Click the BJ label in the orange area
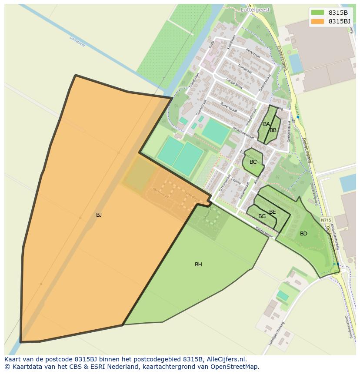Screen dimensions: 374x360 tap(99, 215)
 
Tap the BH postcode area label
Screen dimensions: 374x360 tap(198, 264)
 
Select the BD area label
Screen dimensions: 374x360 tap(303, 234)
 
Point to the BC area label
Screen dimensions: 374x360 tap(253, 162)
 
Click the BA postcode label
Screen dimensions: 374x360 tap(267, 124)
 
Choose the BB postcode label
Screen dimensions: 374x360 tap(273, 130)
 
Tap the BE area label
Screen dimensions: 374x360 tap(273, 212)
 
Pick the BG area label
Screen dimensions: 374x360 tap(262, 216)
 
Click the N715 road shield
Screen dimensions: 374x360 tap(326, 220)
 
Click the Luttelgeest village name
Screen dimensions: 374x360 tap(255, 9)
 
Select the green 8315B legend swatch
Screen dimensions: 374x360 tap(318, 13)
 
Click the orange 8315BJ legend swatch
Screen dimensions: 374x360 tap(318, 21)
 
